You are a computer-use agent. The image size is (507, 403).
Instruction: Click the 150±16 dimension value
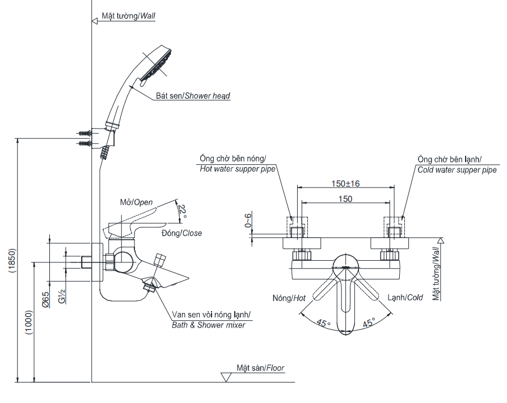345,183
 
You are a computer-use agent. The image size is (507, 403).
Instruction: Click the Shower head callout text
193,96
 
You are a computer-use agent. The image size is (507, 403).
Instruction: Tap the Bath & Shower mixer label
209,325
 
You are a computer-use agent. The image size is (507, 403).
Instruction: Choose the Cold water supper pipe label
457,169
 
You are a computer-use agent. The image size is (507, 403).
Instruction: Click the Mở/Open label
136,202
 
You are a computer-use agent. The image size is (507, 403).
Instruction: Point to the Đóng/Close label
181,233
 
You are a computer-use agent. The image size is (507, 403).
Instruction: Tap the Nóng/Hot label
289,298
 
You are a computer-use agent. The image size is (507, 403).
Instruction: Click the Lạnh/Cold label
405,298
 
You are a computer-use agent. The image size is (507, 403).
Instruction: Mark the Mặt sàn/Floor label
261,368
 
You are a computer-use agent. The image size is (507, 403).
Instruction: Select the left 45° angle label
323,323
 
